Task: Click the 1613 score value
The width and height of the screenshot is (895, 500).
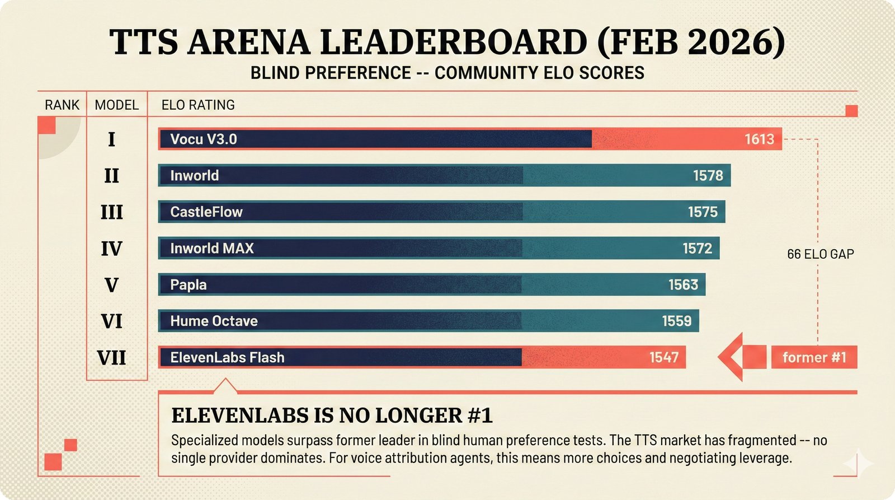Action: tap(759, 139)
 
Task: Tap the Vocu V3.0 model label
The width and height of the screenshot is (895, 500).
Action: tap(204, 139)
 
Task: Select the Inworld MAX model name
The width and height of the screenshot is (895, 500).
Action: tap(212, 248)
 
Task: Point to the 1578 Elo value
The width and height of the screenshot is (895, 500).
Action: tap(708, 175)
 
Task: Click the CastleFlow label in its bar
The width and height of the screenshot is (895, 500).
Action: tap(206, 212)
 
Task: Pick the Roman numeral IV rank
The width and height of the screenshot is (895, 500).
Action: tap(111, 248)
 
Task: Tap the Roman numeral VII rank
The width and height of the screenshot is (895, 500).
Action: tap(111, 357)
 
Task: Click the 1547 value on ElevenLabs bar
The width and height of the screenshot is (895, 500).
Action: tap(663, 357)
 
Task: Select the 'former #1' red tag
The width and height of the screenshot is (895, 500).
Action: tap(814, 357)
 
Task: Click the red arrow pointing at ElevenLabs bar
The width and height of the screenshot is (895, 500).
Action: tap(738, 357)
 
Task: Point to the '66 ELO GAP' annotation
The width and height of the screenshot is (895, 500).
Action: tap(820, 254)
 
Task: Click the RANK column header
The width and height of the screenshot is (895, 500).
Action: tap(62, 105)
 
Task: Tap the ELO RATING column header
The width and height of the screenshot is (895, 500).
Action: tap(198, 105)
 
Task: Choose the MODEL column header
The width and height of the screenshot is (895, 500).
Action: tap(117, 105)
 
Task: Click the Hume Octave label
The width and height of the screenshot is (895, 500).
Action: tap(214, 321)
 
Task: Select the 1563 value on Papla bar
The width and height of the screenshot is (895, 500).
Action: tap(683, 284)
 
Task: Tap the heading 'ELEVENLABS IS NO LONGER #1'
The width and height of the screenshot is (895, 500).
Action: tap(332, 415)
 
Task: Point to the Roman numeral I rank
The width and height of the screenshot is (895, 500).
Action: tap(111, 139)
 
